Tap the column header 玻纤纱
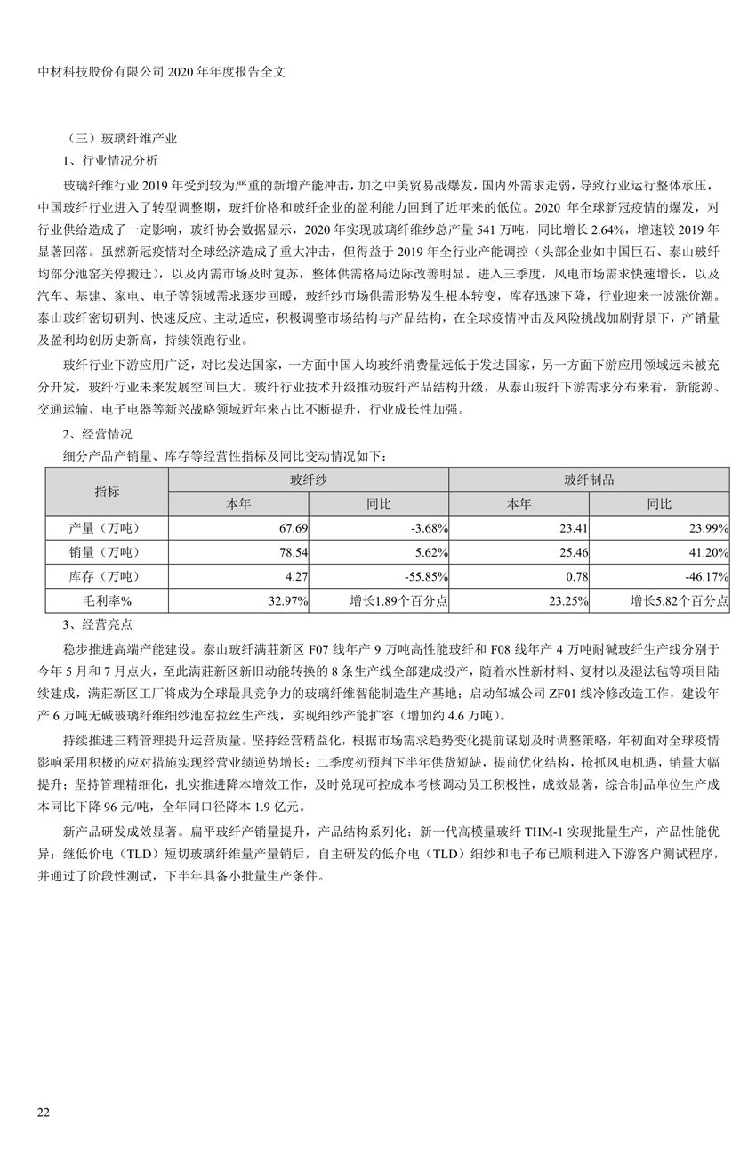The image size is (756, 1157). [x=309, y=479]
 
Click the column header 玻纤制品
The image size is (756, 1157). [x=589, y=479]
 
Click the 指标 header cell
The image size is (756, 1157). [x=107, y=491]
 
